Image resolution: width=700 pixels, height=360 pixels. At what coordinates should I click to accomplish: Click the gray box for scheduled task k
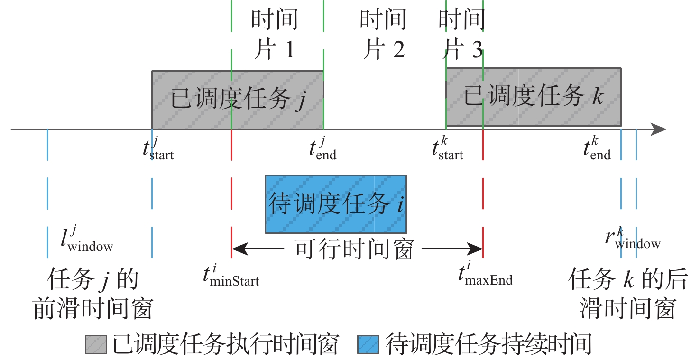click(x=533, y=97)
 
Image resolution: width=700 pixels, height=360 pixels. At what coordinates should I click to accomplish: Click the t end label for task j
click(x=322, y=148)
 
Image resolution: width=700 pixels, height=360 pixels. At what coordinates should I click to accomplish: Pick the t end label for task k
click(x=597, y=148)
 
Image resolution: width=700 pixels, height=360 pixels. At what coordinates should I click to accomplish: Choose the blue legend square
click(x=368, y=345)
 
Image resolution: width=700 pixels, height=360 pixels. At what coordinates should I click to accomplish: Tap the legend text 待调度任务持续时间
click(x=489, y=345)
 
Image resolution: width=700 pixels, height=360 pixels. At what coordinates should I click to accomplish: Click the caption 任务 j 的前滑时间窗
click(x=93, y=294)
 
